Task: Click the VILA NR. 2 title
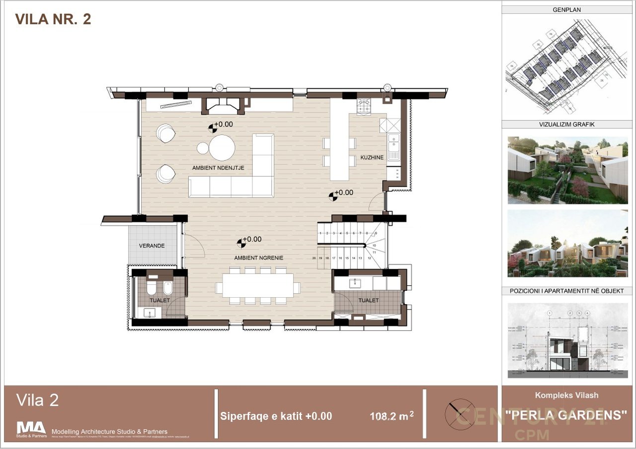(53, 19)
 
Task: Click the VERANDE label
(152, 246)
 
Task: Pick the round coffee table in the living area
(222, 147)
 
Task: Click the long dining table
(257, 286)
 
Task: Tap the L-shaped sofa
(238, 179)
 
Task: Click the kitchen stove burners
(364, 105)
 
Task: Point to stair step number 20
(314, 258)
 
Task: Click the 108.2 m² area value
(392, 416)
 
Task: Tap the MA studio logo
(31, 428)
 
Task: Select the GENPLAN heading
(566, 9)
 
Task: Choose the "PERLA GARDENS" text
(566, 415)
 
